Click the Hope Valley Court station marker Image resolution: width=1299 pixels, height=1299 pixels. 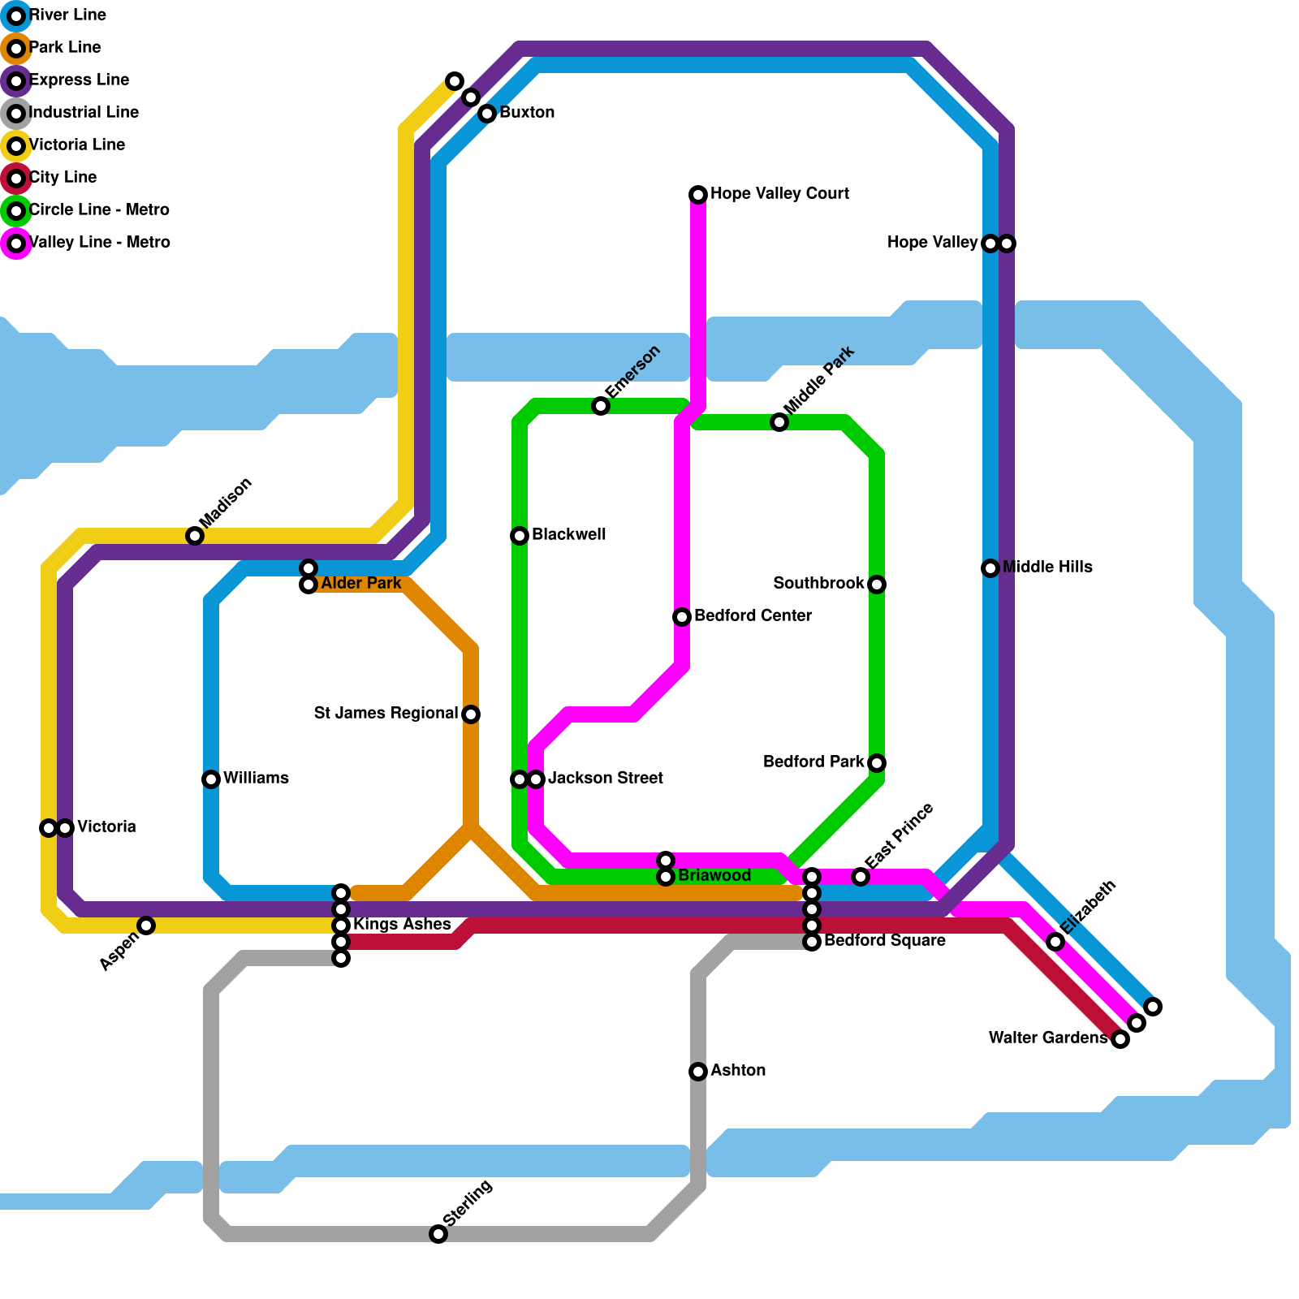coord(698,195)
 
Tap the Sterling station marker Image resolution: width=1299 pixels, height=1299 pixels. coord(438,1234)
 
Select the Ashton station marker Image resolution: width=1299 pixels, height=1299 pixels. coord(698,1072)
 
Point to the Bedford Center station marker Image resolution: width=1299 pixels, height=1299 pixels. coord(682,617)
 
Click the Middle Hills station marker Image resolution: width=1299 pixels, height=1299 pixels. coord(990,568)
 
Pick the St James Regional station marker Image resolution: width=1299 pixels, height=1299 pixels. coord(471,714)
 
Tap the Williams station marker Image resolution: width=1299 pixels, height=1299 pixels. coord(211,779)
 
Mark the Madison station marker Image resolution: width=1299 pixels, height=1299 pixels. coord(195,536)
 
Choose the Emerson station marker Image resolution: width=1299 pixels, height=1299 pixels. coord(601,406)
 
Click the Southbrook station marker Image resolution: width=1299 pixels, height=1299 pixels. coord(877,585)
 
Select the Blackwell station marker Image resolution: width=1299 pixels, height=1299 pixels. coord(520,536)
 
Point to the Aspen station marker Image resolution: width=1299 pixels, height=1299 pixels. coord(146,926)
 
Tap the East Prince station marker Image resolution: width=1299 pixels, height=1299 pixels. coord(861,877)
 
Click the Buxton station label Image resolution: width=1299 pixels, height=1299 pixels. coord(527,113)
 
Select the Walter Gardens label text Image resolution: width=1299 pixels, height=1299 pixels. coord(1048,1038)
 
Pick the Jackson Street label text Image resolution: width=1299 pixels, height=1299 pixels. coord(605,779)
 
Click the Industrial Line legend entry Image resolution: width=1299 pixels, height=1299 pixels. coord(84,113)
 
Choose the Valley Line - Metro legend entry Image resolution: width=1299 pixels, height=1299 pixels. coord(99,243)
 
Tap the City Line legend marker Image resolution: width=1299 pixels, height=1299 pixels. coord(16,179)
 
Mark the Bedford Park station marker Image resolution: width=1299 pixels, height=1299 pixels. coord(877,763)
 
